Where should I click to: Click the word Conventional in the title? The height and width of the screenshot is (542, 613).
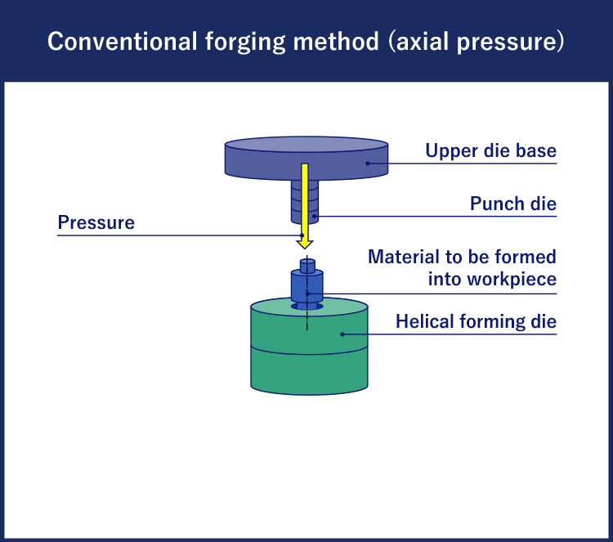point(123,42)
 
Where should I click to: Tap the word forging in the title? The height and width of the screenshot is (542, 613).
point(245,43)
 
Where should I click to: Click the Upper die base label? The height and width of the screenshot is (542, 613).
point(490,150)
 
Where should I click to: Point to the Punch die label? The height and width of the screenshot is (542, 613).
point(513,204)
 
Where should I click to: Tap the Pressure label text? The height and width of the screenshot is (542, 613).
point(96,222)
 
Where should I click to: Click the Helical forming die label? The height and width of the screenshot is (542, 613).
point(476,321)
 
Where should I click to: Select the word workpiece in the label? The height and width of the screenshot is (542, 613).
point(512,280)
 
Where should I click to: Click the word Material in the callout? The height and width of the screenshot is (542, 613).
point(404,257)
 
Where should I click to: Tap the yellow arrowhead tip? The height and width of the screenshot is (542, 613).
point(305,249)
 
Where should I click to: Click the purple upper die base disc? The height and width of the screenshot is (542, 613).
point(306,159)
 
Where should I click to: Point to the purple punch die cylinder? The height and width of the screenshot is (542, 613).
point(305,202)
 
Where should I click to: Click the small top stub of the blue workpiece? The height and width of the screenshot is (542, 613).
point(307,266)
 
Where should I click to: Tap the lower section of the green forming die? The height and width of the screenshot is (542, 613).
point(309,370)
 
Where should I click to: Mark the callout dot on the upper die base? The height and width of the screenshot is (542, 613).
point(368,163)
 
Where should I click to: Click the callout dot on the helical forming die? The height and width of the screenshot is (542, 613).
point(342,334)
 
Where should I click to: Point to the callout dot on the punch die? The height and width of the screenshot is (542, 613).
point(315,217)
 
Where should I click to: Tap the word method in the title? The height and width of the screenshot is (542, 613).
point(336,42)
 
